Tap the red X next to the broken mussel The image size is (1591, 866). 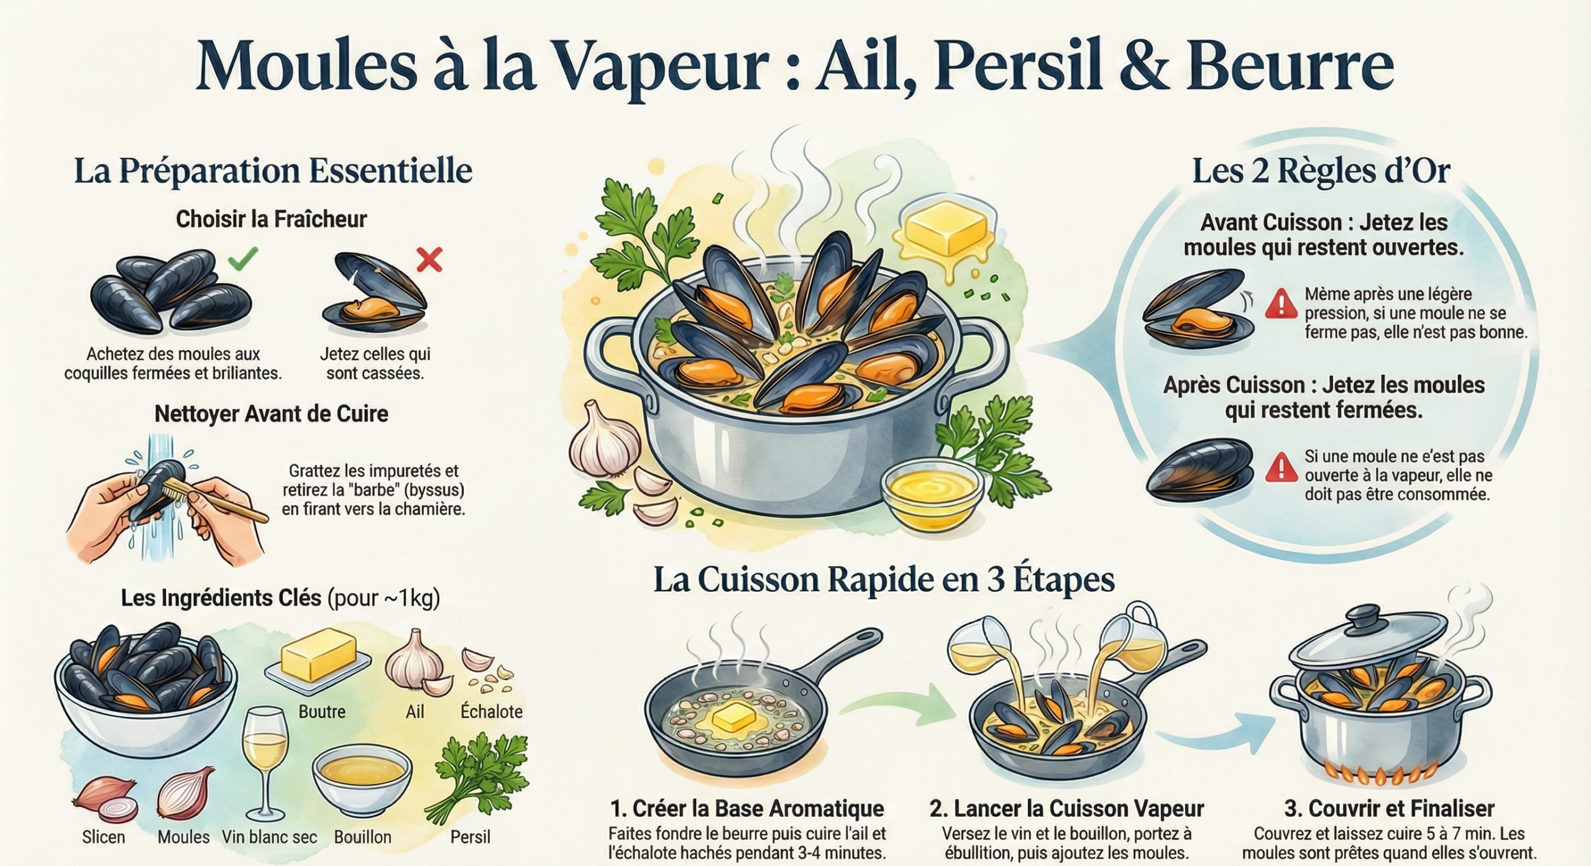coord(429,259)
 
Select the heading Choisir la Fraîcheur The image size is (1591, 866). coord(271,219)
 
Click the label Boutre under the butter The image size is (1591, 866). coord(322,711)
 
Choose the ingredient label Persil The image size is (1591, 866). coord(470,837)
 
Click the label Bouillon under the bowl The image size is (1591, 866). coord(362,837)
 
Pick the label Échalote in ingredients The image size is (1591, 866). coord(491,711)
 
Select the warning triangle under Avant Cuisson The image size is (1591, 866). coord(1281,303)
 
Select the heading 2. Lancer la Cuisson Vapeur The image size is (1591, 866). coord(1066,808)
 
